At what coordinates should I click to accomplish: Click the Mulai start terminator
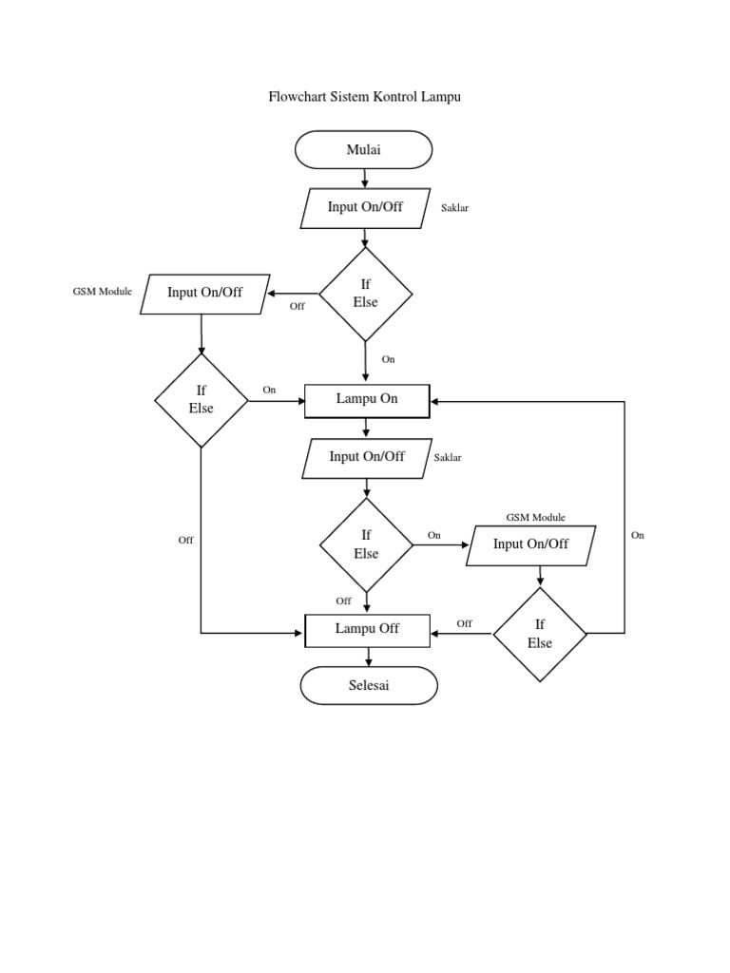[364, 150]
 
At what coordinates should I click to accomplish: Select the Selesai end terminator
[369, 685]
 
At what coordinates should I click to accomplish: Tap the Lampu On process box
[367, 400]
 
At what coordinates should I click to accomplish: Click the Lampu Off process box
[367, 630]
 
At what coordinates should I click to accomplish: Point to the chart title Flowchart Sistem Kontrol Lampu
[365, 97]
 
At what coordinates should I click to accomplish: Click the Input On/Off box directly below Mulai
[365, 208]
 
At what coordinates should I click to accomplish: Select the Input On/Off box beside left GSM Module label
[204, 294]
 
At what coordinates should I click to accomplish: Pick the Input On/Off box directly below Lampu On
[367, 458]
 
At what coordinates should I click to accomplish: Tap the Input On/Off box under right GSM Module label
[530, 545]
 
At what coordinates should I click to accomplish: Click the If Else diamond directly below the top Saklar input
[366, 294]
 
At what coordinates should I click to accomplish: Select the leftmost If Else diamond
[202, 400]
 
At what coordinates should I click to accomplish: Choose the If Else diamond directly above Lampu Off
[367, 545]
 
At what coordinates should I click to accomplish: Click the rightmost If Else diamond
[540, 634]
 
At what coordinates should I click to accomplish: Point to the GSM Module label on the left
[103, 291]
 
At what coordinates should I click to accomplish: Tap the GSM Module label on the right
[535, 517]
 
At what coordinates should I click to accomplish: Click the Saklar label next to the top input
[454, 207]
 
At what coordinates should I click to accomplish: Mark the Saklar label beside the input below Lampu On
[448, 458]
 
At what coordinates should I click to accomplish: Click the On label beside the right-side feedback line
[638, 535]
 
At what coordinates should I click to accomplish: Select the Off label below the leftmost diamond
[185, 540]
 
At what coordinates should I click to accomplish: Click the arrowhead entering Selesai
[369, 660]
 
